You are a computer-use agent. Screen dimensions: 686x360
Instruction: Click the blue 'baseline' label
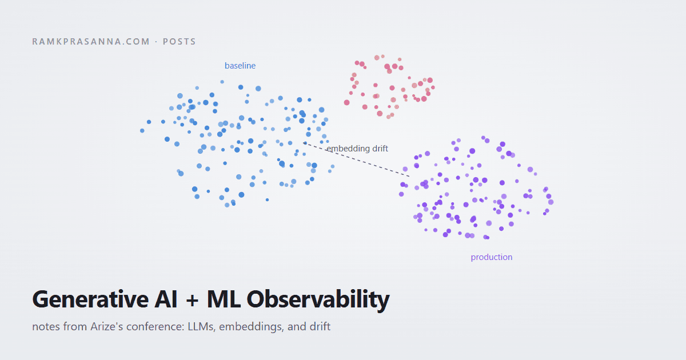click(x=240, y=66)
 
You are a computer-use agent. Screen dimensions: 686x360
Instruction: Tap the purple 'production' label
click(x=492, y=257)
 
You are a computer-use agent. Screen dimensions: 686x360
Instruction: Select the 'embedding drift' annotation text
click(x=357, y=149)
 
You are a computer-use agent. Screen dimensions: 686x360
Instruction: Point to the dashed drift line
click(x=357, y=159)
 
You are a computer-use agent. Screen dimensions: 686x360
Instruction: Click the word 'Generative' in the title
click(x=90, y=299)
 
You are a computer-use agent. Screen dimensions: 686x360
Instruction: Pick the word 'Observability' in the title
click(x=318, y=300)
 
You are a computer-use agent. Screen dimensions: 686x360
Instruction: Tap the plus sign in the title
click(x=192, y=301)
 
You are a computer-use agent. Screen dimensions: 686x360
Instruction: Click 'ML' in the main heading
click(x=224, y=299)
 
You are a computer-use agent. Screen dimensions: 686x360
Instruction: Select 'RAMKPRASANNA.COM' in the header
click(x=91, y=42)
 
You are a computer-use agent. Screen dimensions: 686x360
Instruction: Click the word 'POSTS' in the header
click(x=179, y=42)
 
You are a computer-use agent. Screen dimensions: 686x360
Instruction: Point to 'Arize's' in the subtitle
click(x=106, y=326)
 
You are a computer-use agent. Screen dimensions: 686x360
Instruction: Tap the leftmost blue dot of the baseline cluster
click(x=142, y=131)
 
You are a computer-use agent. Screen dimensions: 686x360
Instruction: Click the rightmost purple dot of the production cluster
click(x=551, y=202)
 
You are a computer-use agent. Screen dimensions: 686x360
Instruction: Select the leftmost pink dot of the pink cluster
click(x=346, y=102)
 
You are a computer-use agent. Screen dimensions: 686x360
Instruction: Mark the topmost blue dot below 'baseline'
click(x=222, y=82)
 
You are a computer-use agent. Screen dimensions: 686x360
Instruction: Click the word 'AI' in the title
click(x=166, y=299)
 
